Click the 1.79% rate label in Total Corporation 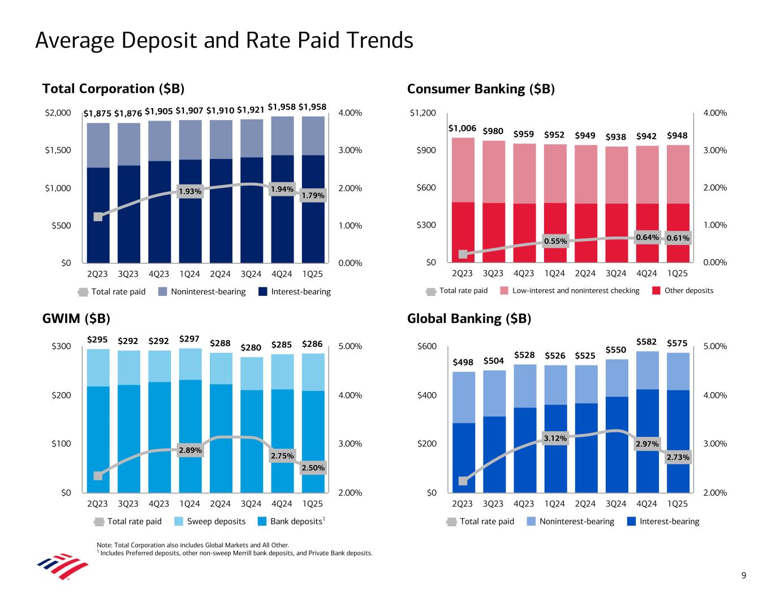(x=313, y=196)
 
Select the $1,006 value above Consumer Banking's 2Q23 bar (x=462, y=128)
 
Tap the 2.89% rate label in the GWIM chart (x=190, y=450)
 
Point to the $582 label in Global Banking (x=646, y=342)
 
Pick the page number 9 (x=744, y=576)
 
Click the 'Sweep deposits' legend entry (x=216, y=522)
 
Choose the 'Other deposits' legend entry (x=688, y=291)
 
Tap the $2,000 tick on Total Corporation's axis (x=58, y=113)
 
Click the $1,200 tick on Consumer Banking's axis (x=423, y=113)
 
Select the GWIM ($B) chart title (x=76, y=319)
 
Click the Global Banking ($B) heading (x=469, y=319)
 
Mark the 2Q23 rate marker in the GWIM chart (x=98, y=475)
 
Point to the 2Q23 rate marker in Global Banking (x=463, y=481)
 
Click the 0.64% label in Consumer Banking (x=647, y=238)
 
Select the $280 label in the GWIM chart (x=251, y=347)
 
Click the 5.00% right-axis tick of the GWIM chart (x=351, y=347)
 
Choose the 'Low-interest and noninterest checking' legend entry (x=575, y=291)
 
